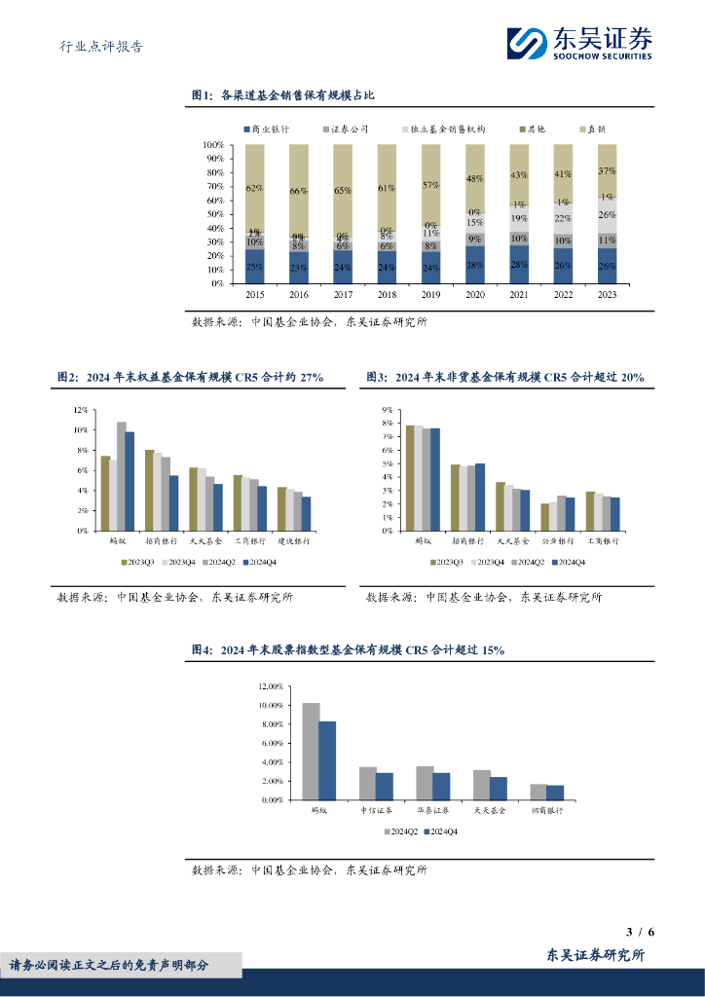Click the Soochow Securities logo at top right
point(578,43)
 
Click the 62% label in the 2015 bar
point(254,188)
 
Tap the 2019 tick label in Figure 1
point(430,293)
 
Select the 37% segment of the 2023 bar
point(607,170)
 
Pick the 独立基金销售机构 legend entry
point(442,129)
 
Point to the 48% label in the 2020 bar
point(474,179)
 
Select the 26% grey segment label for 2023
point(607,215)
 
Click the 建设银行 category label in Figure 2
point(293,539)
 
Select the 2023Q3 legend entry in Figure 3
point(450,563)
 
